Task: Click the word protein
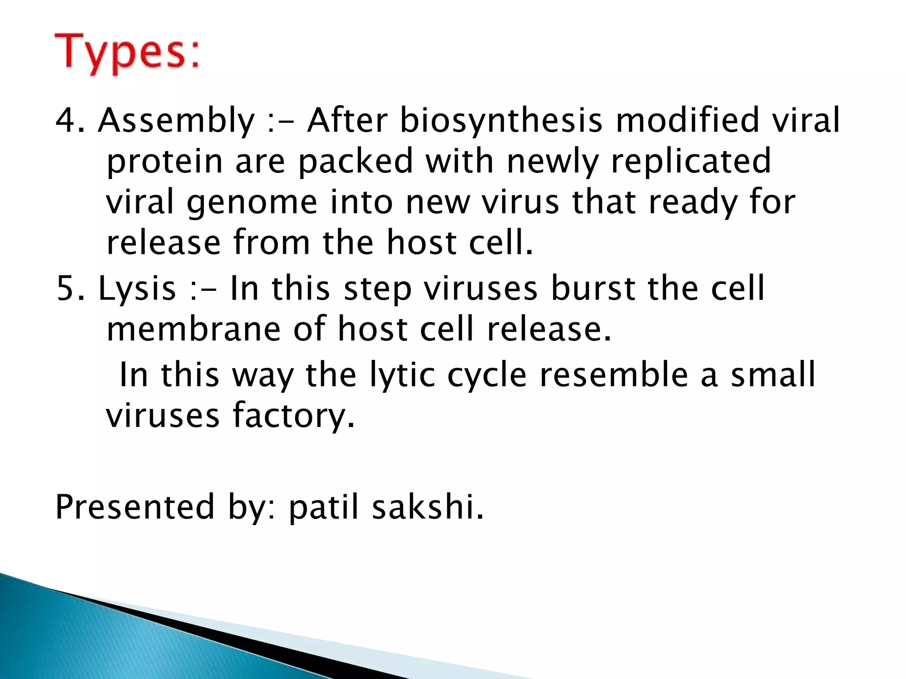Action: click(x=165, y=162)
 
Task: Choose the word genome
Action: click(x=252, y=203)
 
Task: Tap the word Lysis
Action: click(x=137, y=289)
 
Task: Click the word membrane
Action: click(x=194, y=329)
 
